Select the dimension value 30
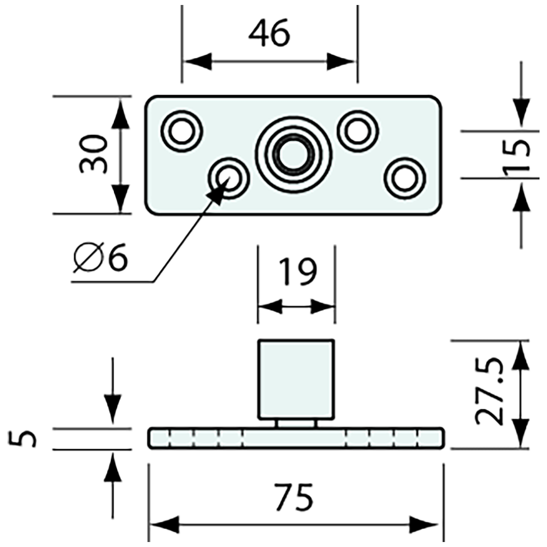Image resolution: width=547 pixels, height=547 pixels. pos(93,155)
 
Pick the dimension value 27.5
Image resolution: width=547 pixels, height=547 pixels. pos(489,393)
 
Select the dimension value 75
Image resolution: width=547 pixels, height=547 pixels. pos(295,497)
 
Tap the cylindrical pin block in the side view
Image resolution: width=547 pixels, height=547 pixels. pos(295,379)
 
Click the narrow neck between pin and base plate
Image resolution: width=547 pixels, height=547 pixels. pos(296,423)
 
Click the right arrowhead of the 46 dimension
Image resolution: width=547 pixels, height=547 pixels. pos(342,62)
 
